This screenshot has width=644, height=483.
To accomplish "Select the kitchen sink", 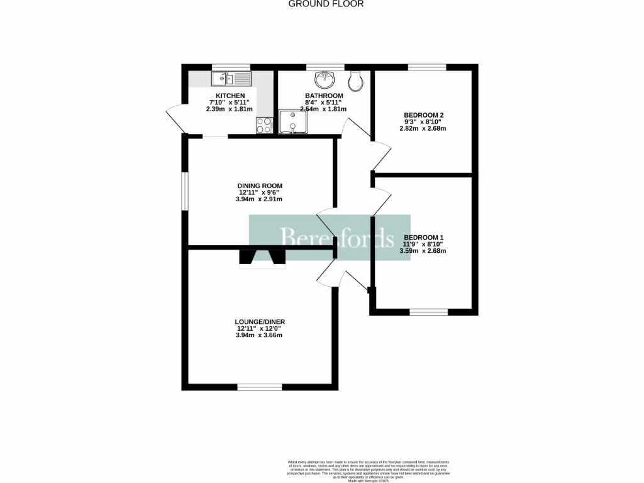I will (x=231, y=79).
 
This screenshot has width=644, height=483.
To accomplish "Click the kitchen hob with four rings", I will (x=264, y=126).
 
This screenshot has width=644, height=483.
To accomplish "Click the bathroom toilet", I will (x=355, y=80).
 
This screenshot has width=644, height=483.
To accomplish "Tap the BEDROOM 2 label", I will (x=423, y=115).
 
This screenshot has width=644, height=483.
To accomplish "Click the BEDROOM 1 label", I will (x=423, y=237).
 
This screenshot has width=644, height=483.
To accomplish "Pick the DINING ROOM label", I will (x=260, y=186).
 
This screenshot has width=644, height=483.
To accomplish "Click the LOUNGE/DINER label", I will (x=260, y=321).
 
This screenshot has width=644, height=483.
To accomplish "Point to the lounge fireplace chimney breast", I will (x=262, y=258).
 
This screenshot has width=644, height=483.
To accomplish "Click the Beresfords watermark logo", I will (x=330, y=238).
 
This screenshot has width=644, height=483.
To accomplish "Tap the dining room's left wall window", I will (x=185, y=192).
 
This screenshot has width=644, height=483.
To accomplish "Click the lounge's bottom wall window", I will (x=260, y=387).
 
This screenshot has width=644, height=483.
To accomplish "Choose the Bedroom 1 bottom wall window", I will (x=428, y=311).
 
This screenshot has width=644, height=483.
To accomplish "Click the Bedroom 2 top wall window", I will (x=427, y=67).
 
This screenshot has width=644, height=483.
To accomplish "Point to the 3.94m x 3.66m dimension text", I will (x=260, y=335).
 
